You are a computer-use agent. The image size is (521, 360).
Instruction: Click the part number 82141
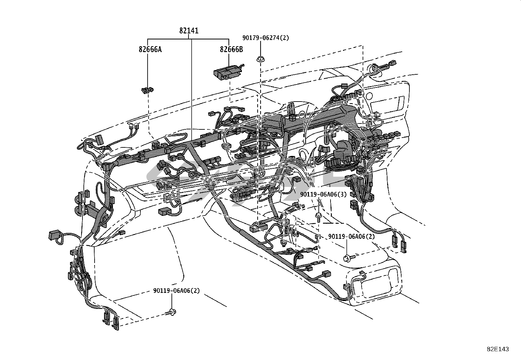[189, 31]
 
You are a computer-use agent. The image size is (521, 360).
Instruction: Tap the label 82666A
[150, 49]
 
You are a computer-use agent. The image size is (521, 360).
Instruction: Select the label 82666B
[231, 49]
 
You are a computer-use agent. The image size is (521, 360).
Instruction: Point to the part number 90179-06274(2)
[266, 38]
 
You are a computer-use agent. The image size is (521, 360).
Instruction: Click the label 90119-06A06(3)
[323, 195]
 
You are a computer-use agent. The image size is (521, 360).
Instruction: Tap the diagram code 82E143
[498, 349]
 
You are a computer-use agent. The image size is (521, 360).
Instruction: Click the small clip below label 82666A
[148, 90]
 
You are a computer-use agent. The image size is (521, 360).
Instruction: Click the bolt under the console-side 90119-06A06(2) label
[347, 258]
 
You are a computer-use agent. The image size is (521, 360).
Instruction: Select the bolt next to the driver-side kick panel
[171, 313]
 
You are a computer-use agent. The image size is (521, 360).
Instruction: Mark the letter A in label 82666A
[160, 49]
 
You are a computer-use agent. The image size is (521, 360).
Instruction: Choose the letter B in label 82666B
[241, 49]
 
